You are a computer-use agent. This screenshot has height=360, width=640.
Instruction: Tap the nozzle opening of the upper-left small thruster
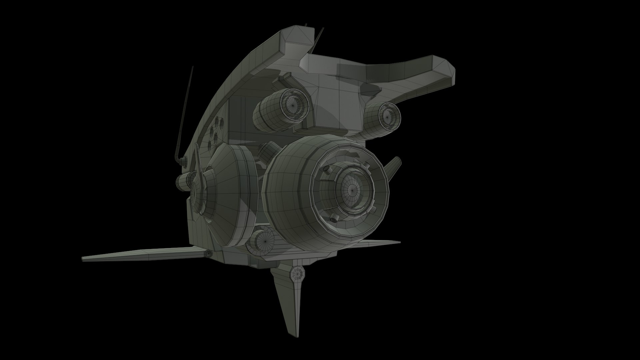pos(292,104)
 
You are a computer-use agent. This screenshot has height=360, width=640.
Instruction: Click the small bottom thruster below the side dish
pos(263,239)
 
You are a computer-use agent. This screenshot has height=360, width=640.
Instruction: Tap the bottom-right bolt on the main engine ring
pos(373,209)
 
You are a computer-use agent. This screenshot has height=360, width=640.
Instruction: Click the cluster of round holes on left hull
pos(217,132)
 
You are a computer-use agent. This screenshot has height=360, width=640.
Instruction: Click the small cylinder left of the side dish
pos(182,181)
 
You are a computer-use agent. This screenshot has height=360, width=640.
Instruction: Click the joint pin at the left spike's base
pos(209,254)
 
